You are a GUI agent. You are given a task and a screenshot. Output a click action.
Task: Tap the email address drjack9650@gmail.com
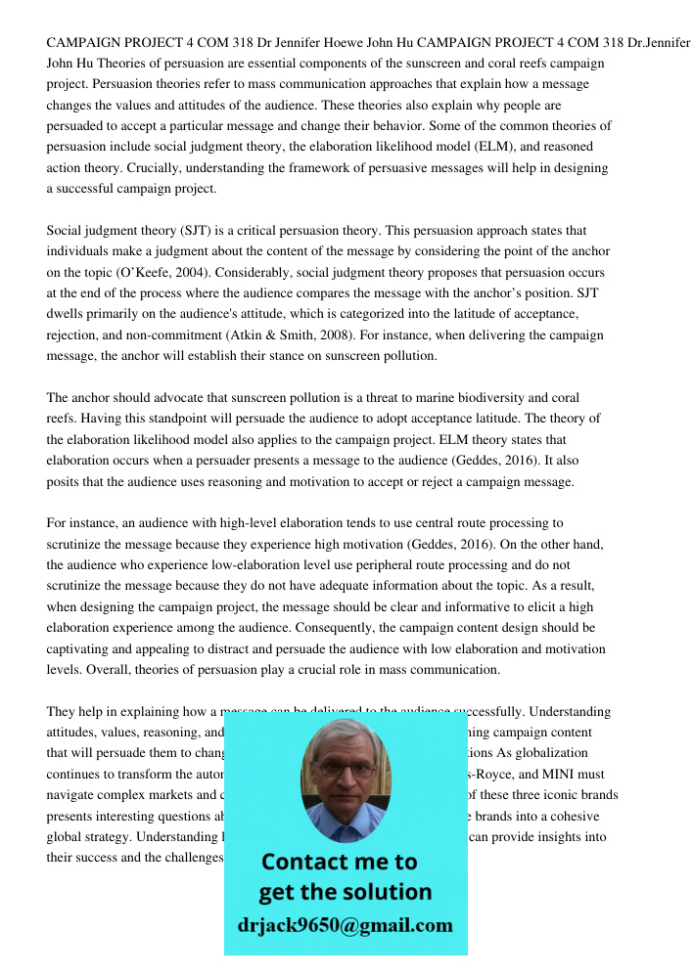pyautogui.click(x=345, y=925)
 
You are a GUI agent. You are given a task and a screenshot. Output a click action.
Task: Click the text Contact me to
pyautogui.click(x=339, y=862)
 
